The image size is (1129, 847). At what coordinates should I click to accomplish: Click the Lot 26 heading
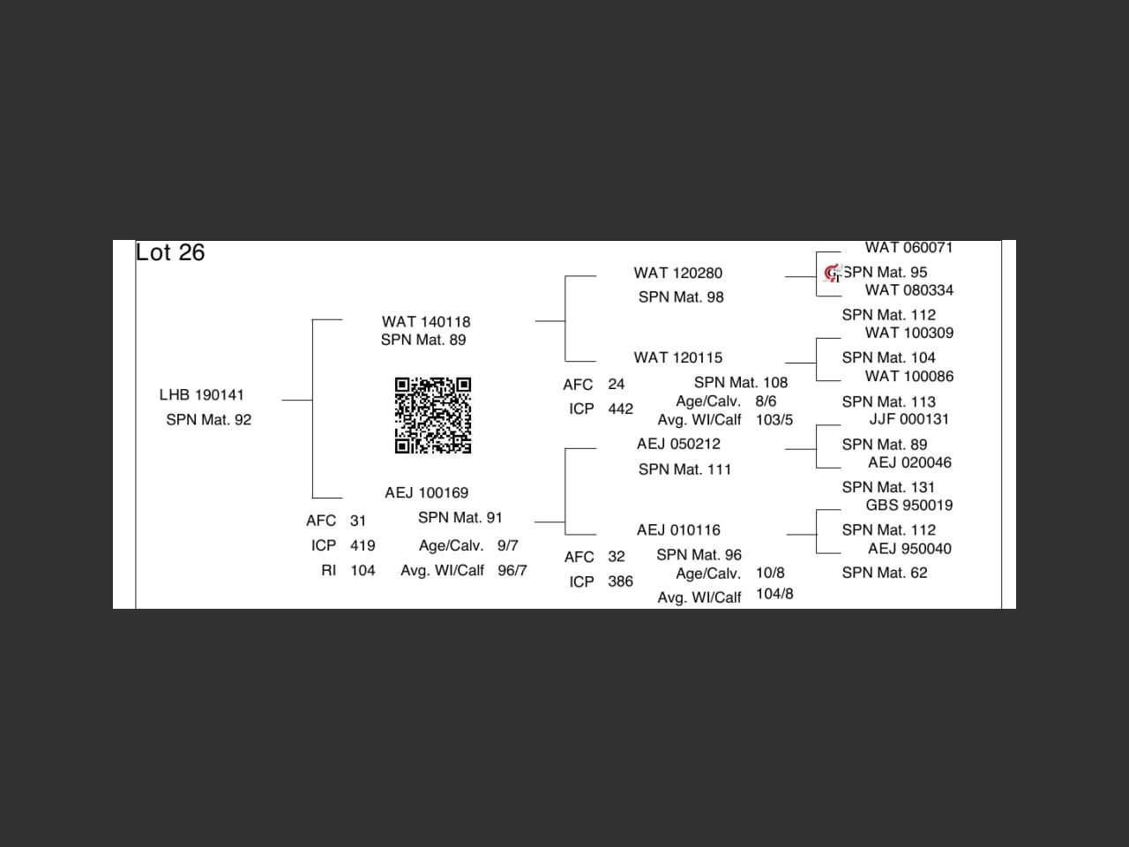[x=170, y=252]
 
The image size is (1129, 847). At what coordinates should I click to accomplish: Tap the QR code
[x=432, y=415]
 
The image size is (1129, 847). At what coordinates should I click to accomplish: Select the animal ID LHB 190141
[x=202, y=394]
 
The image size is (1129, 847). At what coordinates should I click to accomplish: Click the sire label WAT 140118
[x=426, y=322]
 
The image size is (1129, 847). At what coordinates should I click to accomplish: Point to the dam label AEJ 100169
[x=426, y=492]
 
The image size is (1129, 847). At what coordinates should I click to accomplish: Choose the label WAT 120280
[x=677, y=273]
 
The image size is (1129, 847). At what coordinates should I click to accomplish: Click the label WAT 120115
[x=677, y=357]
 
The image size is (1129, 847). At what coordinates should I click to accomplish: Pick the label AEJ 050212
[x=678, y=444]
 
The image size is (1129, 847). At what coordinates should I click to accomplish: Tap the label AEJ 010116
[x=678, y=529]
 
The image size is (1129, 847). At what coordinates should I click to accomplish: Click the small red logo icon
[x=832, y=274]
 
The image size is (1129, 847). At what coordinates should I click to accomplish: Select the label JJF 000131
[x=908, y=419]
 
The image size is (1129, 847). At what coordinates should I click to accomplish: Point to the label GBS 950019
[x=908, y=505]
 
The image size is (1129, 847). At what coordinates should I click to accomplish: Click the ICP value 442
[x=620, y=409]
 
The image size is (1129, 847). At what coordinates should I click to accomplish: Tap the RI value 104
[x=363, y=570]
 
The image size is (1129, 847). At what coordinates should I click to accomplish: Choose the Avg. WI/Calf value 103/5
[x=774, y=420]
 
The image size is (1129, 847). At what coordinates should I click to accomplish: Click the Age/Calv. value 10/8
[x=769, y=573]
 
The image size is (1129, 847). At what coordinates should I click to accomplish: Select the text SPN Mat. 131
[x=888, y=487]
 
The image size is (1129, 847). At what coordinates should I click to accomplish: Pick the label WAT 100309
[x=908, y=333]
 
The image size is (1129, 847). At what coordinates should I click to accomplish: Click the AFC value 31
[x=357, y=521]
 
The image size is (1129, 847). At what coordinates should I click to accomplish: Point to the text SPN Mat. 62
[x=884, y=573]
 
